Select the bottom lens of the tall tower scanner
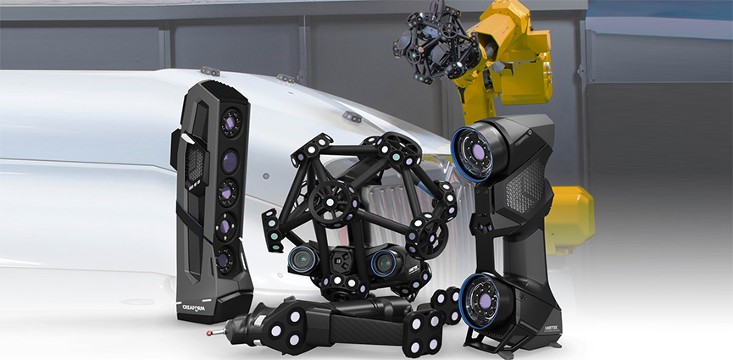(224, 260)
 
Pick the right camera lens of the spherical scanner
(386, 263)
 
